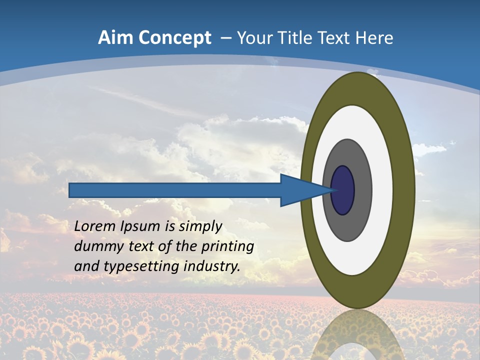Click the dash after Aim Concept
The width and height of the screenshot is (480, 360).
click(x=225, y=38)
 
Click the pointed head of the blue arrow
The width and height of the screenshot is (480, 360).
click(x=305, y=190)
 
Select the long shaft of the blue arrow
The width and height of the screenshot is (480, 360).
click(x=175, y=190)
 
